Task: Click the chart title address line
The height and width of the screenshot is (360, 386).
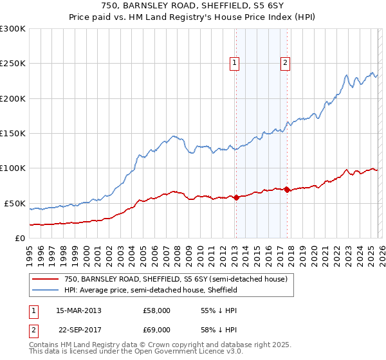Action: coord(192,6)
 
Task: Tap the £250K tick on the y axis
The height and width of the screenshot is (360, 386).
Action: coord(13,64)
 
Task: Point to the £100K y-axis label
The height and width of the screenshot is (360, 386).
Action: coord(13,168)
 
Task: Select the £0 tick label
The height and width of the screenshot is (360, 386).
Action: coord(19,238)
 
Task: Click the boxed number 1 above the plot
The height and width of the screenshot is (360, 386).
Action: coord(235,63)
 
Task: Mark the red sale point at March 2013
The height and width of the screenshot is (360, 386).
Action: coord(236,197)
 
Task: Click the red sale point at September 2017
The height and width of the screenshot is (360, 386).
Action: coord(287,190)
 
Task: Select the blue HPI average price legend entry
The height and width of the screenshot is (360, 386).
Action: coord(151,290)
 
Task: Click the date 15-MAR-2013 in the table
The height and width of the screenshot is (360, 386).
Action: coord(78,310)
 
